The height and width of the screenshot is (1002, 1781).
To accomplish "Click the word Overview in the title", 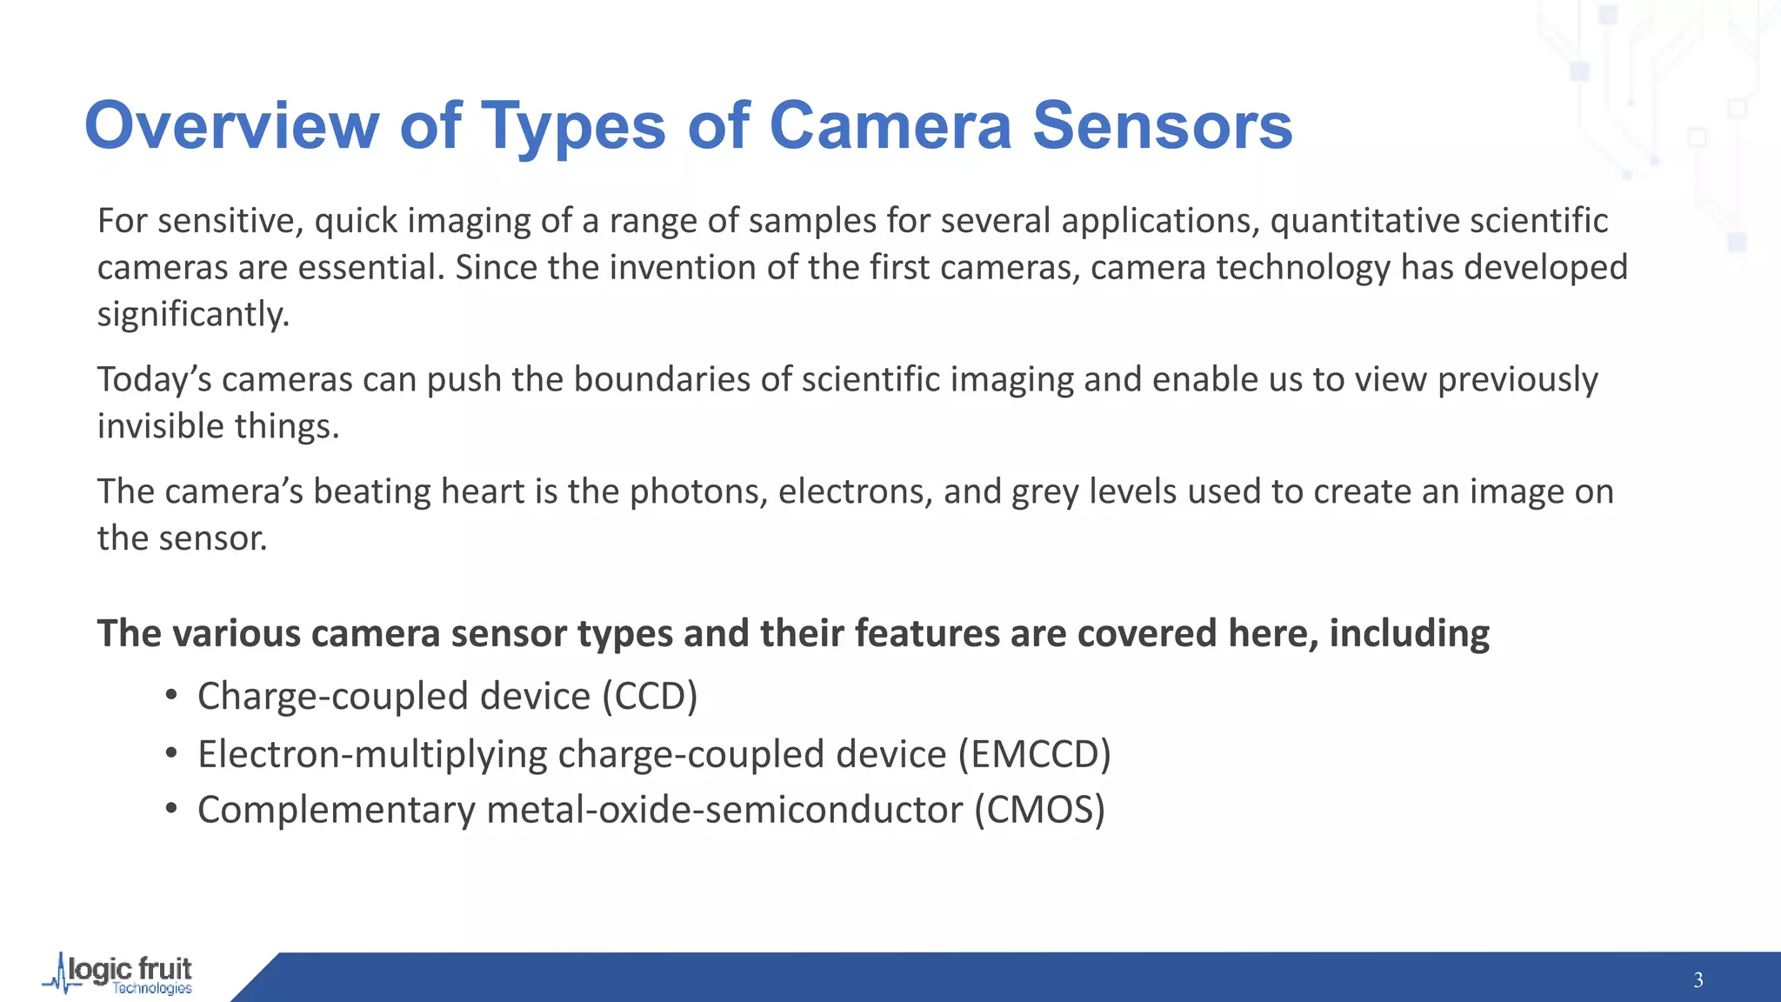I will (231, 125).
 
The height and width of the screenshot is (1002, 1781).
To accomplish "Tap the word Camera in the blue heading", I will (890, 125).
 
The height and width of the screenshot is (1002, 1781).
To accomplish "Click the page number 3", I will (1698, 980).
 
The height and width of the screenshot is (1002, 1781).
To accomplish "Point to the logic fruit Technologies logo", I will (119, 974).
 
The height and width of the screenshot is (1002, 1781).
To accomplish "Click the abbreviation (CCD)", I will (650, 697).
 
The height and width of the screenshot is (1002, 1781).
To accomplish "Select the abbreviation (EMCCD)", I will (1034, 754).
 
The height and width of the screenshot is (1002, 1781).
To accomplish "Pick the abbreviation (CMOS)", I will (1039, 810).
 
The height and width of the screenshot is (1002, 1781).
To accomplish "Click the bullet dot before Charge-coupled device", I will (171, 695).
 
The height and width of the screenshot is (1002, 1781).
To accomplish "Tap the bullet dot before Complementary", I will (171, 809).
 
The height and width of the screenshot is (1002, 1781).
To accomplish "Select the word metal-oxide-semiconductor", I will (724, 810).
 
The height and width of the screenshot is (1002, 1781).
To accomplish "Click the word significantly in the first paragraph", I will (192, 315).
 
